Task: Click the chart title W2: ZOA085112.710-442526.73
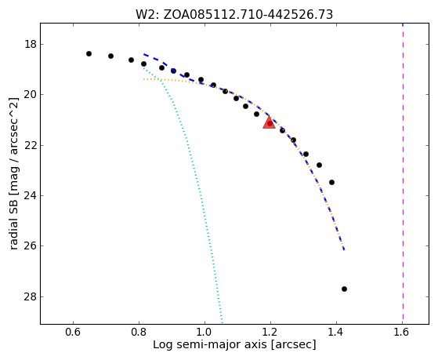tap(234, 15)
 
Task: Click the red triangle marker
tap(269, 122)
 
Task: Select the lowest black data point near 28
tap(344, 289)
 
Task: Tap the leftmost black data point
tap(89, 53)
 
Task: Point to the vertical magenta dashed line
tap(403, 173)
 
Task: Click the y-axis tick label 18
tap(31, 45)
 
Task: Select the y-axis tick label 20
tap(31, 95)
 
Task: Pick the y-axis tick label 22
tap(31, 145)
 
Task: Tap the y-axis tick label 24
tap(31, 196)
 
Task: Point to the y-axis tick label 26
tap(31, 246)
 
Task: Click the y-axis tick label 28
tap(31, 296)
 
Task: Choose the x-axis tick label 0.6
tap(73, 332)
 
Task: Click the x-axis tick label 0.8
tap(139, 332)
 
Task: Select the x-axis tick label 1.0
tap(205, 332)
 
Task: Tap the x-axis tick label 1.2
tap(270, 332)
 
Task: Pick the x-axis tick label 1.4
tap(336, 332)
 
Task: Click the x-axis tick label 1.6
tap(402, 332)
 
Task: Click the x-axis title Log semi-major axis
tap(210, 344)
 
